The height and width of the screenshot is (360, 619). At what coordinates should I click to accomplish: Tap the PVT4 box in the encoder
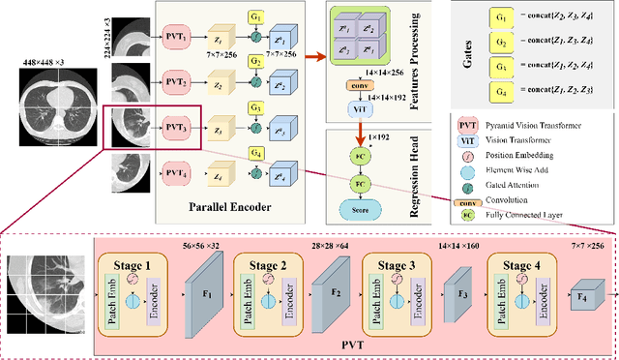click(x=175, y=173)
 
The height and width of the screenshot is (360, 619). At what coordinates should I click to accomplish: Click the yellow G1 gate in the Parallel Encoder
click(x=255, y=17)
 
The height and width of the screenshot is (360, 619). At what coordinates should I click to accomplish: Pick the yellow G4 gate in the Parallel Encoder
click(x=255, y=153)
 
